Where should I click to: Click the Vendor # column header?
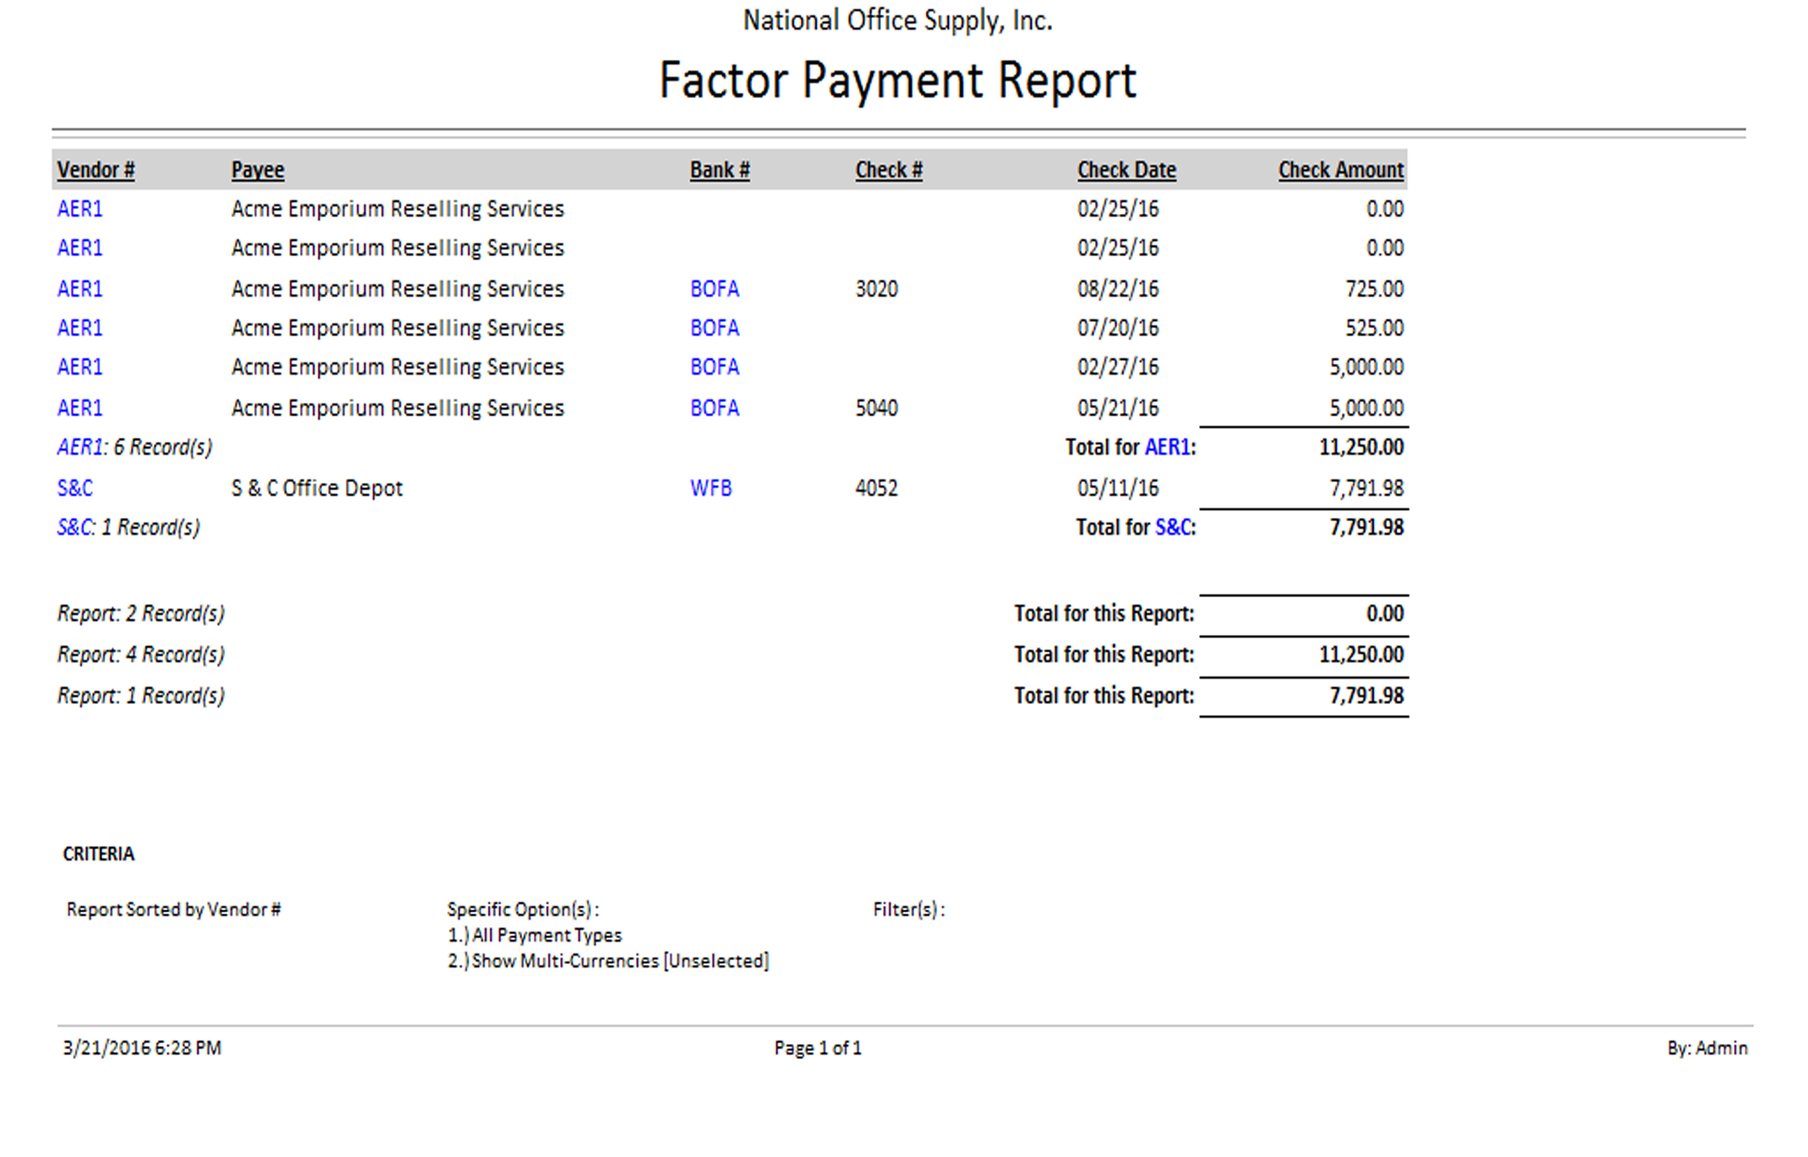(95, 170)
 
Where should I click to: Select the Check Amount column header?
(1340, 170)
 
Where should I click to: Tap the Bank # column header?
(719, 170)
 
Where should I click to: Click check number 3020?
(876, 289)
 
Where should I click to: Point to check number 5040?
(876, 408)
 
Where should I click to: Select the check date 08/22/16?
(1118, 289)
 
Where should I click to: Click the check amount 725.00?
(1374, 289)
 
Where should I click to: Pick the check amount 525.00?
(1374, 328)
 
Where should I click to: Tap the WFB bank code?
(711, 488)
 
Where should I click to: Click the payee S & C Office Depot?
(316, 488)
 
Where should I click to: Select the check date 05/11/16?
(1118, 488)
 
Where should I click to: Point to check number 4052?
(876, 488)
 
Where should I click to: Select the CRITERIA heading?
(98, 854)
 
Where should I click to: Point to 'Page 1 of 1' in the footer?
(817, 1048)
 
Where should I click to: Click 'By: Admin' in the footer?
(1707, 1048)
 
